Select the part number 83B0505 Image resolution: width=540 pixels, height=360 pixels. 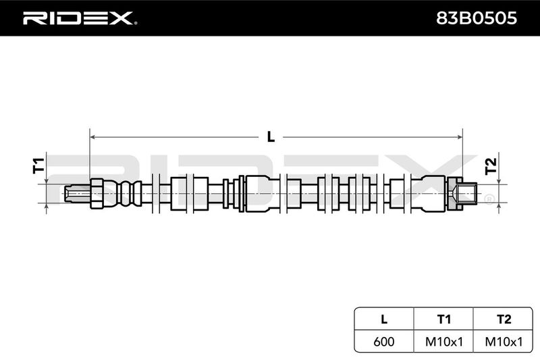point(477,18)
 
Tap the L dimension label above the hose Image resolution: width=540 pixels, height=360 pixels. point(271,136)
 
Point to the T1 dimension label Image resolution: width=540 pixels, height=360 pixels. point(38,165)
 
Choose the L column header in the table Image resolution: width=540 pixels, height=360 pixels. point(384,319)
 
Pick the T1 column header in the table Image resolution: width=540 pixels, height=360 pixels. point(444,319)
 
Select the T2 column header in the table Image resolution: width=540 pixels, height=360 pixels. point(504,319)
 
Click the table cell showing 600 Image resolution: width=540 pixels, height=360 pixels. point(384,341)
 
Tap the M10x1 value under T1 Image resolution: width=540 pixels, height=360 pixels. point(444,341)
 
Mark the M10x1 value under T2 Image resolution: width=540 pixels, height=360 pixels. point(504,341)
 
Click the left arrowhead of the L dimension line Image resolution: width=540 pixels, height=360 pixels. point(92,137)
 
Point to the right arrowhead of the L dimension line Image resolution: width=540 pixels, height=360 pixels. point(460,137)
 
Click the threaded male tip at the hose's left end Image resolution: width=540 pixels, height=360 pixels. point(77,193)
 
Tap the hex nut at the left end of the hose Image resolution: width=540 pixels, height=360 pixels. point(97,194)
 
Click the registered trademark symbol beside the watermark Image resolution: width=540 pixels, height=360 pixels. point(489,199)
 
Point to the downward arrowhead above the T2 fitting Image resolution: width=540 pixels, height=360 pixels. point(499,182)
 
